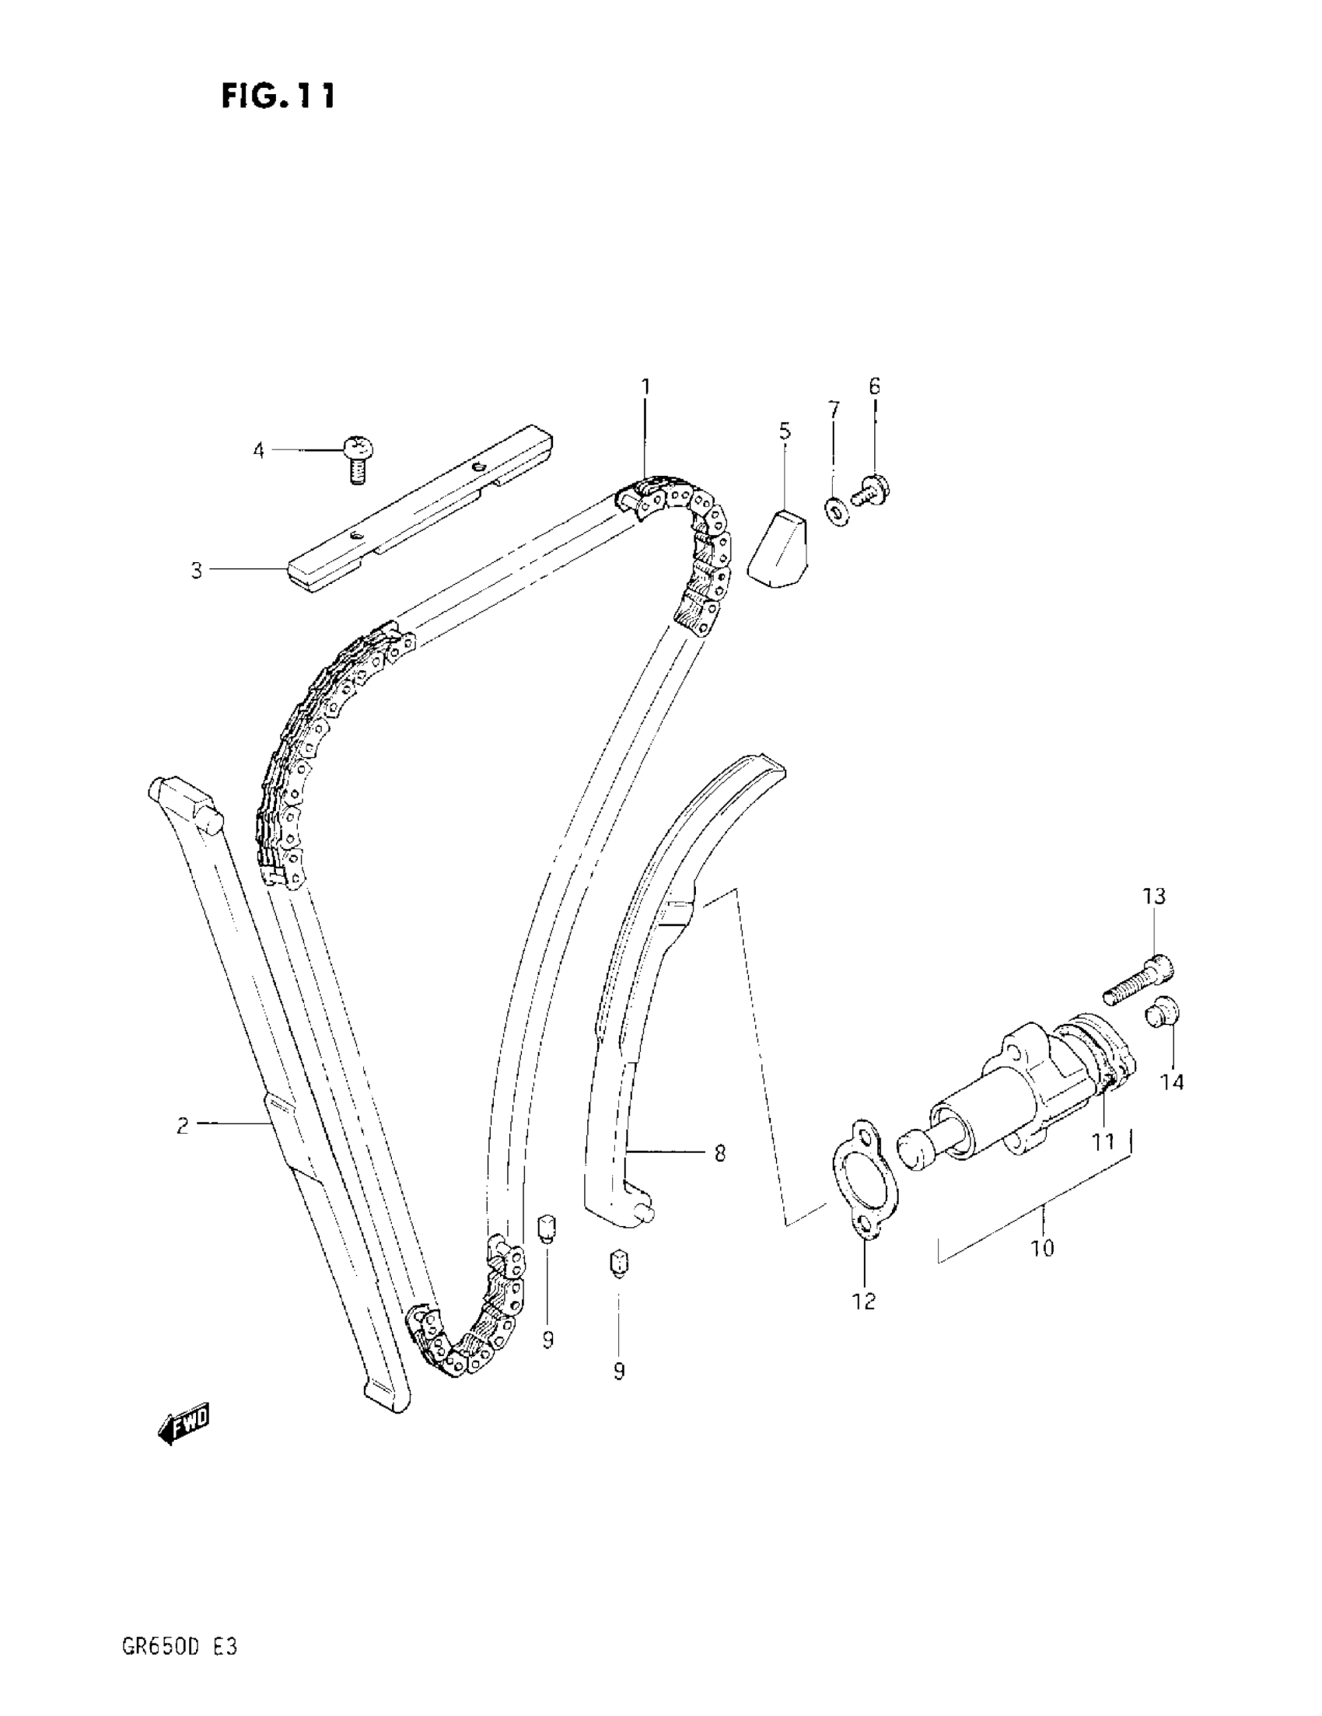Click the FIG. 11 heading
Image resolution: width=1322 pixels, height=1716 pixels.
(x=278, y=96)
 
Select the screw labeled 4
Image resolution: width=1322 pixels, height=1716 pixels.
(x=357, y=458)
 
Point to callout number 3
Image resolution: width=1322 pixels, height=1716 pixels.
(x=197, y=571)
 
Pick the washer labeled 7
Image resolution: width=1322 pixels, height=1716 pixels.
(x=837, y=512)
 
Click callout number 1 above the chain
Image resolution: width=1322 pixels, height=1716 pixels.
(x=645, y=386)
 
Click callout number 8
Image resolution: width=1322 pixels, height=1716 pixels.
(x=719, y=1153)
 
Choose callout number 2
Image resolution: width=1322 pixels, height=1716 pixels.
(x=183, y=1125)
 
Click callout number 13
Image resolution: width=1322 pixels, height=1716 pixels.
(x=1154, y=896)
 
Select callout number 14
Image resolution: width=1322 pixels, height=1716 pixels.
(x=1172, y=1082)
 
